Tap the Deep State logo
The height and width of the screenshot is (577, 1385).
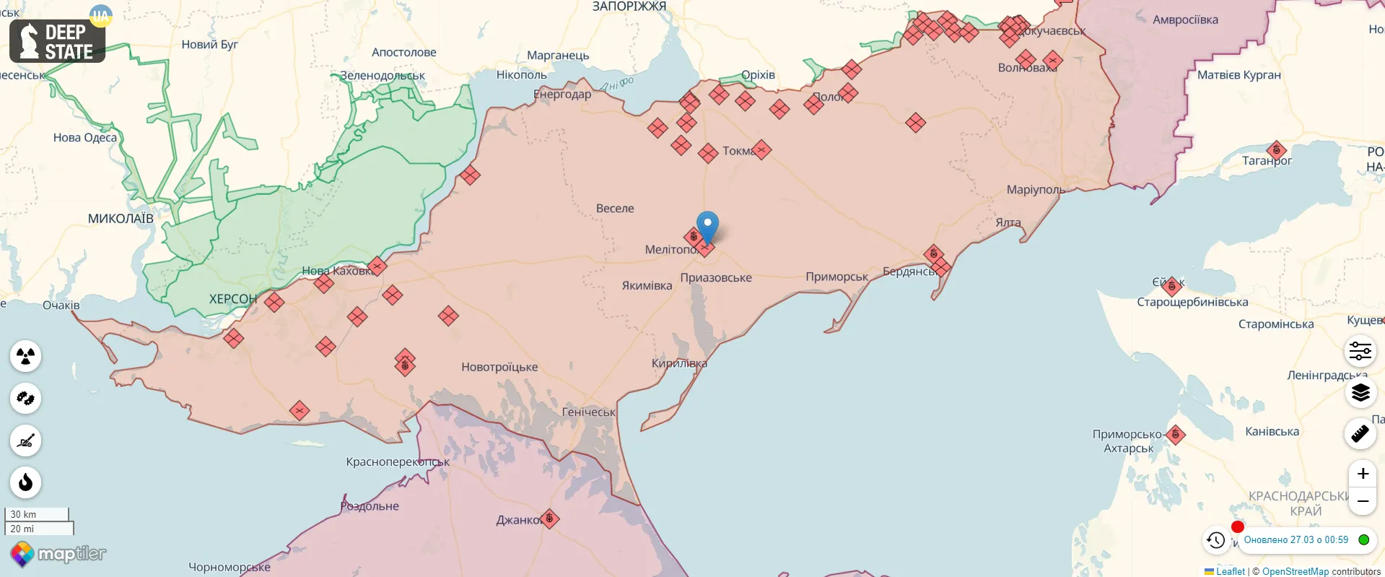[58, 41]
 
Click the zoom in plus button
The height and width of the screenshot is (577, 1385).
[1363, 474]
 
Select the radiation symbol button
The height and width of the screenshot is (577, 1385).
[26, 356]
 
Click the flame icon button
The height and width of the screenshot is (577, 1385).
[26, 482]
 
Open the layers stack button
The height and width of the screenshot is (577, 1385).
[1360, 393]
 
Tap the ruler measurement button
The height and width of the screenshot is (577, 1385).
[1360, 434]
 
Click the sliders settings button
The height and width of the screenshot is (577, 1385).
[1360, 351]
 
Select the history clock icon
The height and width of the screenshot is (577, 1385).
[1216, 540]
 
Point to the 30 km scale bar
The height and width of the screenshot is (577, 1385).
[36, 514]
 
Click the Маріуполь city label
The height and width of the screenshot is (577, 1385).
[1035, 189]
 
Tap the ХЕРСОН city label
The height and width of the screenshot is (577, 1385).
[232, 298]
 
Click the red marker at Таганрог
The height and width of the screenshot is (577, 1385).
[1277, 150]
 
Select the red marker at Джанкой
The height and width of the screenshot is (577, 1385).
[549, 519]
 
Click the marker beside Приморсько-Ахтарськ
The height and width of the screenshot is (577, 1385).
[1176, 435]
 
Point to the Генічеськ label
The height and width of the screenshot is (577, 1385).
[588, 412]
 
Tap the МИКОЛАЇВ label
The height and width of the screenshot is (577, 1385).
[121, 218]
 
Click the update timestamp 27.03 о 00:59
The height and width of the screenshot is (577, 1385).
[1296, 539]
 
